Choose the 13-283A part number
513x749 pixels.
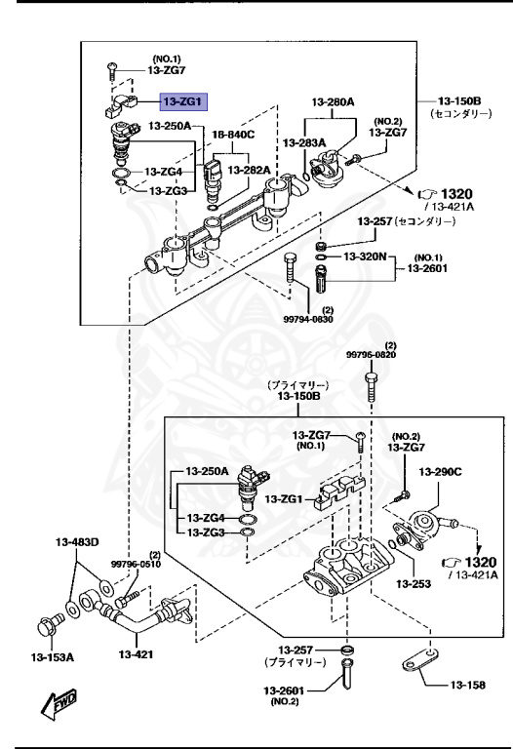click(303, 143)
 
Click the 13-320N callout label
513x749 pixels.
click(363, 256)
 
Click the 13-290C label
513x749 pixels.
click(441, 472)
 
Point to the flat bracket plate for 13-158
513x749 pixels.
click(414, 663)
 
